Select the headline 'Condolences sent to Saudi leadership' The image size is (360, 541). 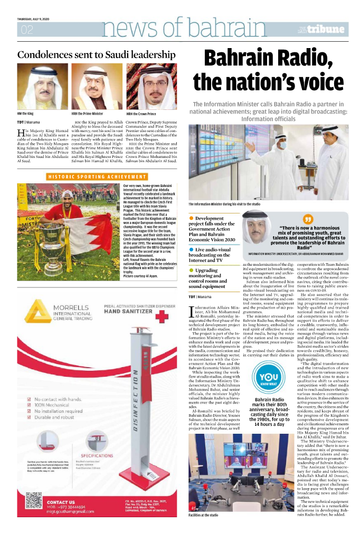(97, 54)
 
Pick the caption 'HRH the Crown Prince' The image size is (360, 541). (141, 114)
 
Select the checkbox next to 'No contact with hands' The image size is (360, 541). (28, 398)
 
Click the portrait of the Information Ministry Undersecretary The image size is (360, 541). (255, 230)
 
